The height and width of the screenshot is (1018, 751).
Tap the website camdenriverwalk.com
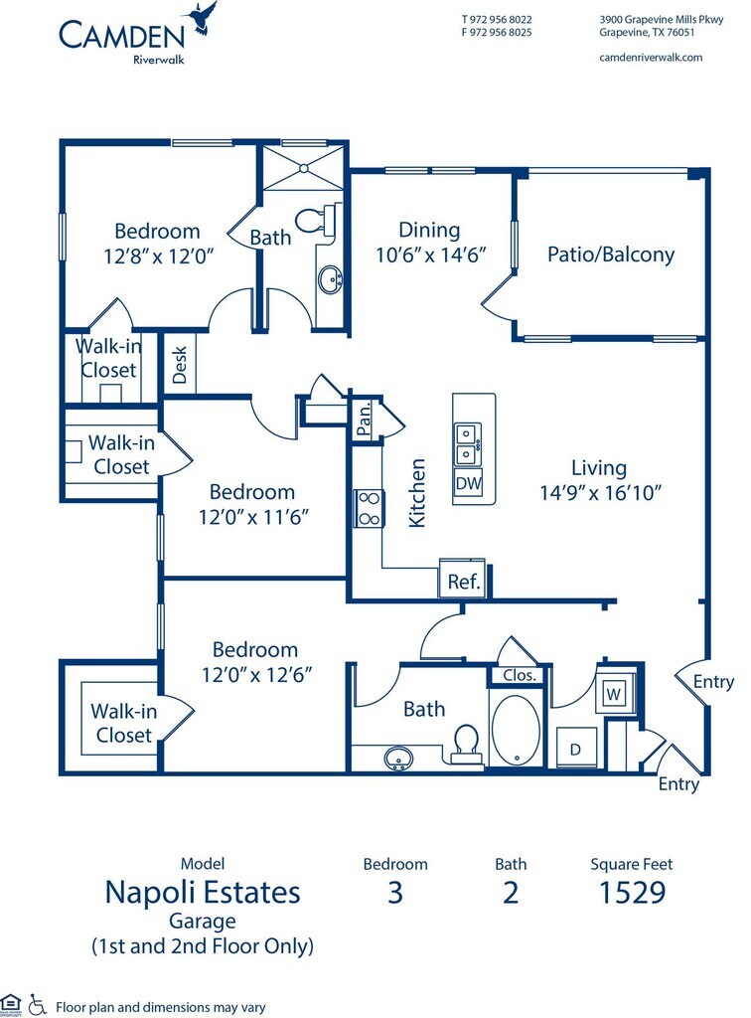[651, 57]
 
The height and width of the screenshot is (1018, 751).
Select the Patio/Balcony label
[610, 254]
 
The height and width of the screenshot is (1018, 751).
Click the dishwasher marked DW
[468, 484]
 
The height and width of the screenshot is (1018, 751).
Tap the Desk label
[180, 364]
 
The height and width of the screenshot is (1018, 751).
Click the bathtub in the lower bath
[515, 731]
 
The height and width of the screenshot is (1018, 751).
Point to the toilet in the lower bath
[465, 742]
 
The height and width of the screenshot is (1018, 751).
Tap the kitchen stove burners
[369, 507]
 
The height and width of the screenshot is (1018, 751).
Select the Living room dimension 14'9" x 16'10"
[599, 491]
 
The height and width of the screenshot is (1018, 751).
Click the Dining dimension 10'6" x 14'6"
[429, 254]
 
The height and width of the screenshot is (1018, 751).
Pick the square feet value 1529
[631, 892]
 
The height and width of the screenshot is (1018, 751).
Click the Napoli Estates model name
[202, 892]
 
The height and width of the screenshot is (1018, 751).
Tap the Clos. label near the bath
[519, 675]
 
